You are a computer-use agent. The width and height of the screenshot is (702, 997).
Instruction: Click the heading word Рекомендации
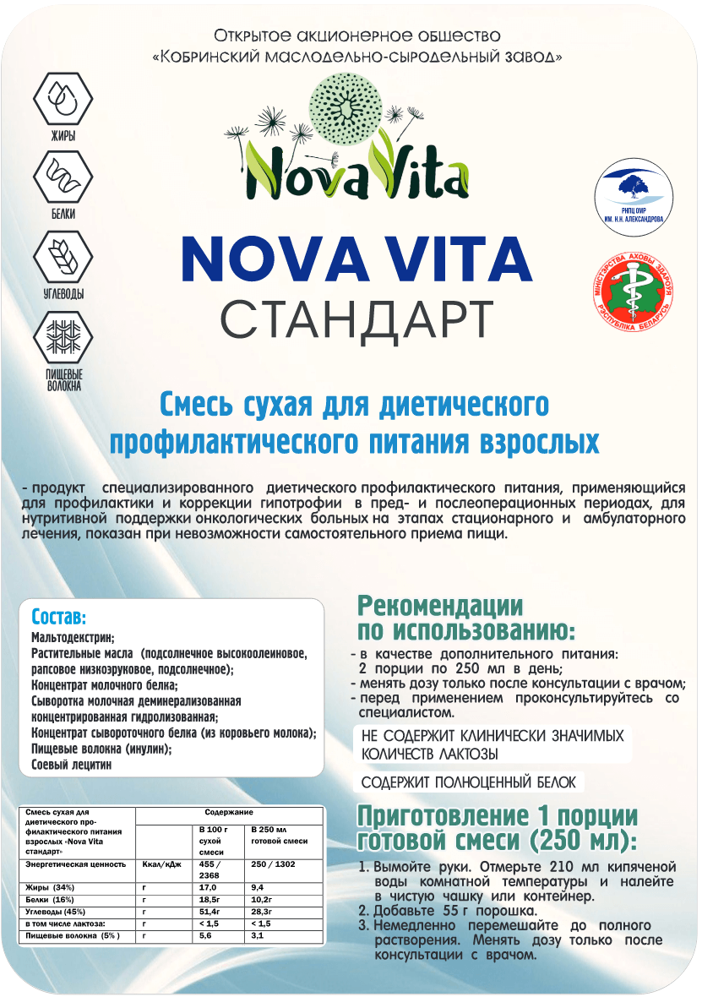(x=440, y=607)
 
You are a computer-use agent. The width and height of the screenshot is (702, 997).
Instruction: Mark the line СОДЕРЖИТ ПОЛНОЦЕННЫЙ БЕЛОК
(x=469, y=782)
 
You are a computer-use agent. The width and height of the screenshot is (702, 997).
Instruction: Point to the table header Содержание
(x=229, y=811)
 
